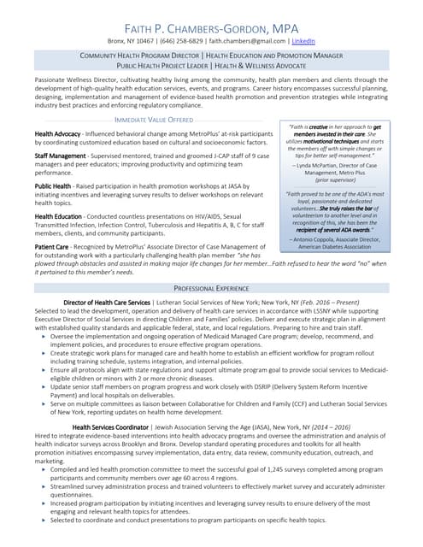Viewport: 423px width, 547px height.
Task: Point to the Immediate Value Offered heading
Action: [154, 120]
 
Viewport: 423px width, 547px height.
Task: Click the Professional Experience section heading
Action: [211, 289]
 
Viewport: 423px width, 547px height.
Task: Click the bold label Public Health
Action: [53, 185]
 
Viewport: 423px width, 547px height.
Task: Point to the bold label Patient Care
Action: [52, 247]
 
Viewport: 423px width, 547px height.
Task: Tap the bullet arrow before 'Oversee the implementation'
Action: [44, 337]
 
